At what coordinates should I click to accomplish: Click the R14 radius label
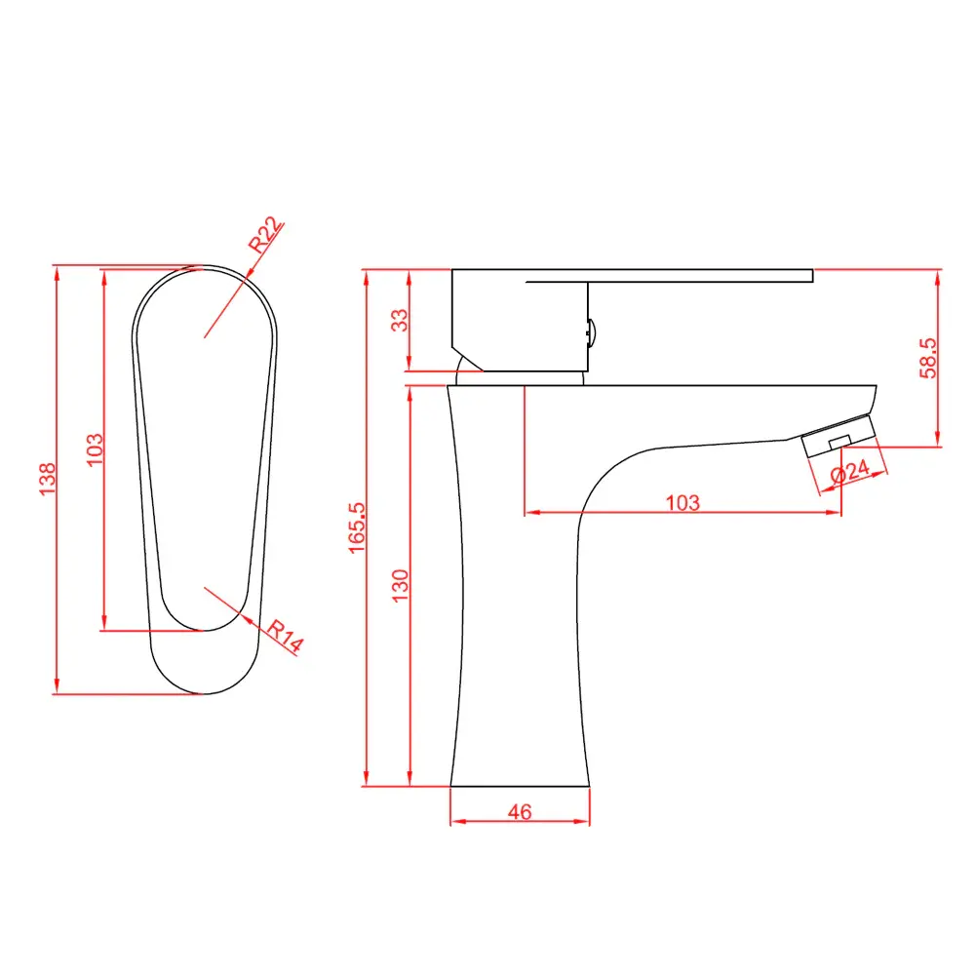pos(286,636)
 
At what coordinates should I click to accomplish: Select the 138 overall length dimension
pos(47,479)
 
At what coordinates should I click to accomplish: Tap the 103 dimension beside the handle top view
pos(94,449)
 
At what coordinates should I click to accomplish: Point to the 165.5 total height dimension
pos(356,527)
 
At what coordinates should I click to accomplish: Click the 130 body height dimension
pos(400,585)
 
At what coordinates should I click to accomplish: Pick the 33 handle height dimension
pos(400,320)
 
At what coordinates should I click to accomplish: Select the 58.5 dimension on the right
pos(928,358)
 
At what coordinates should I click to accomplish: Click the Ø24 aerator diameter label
pos(850,471)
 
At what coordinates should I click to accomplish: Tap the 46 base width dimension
pos(520,811)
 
